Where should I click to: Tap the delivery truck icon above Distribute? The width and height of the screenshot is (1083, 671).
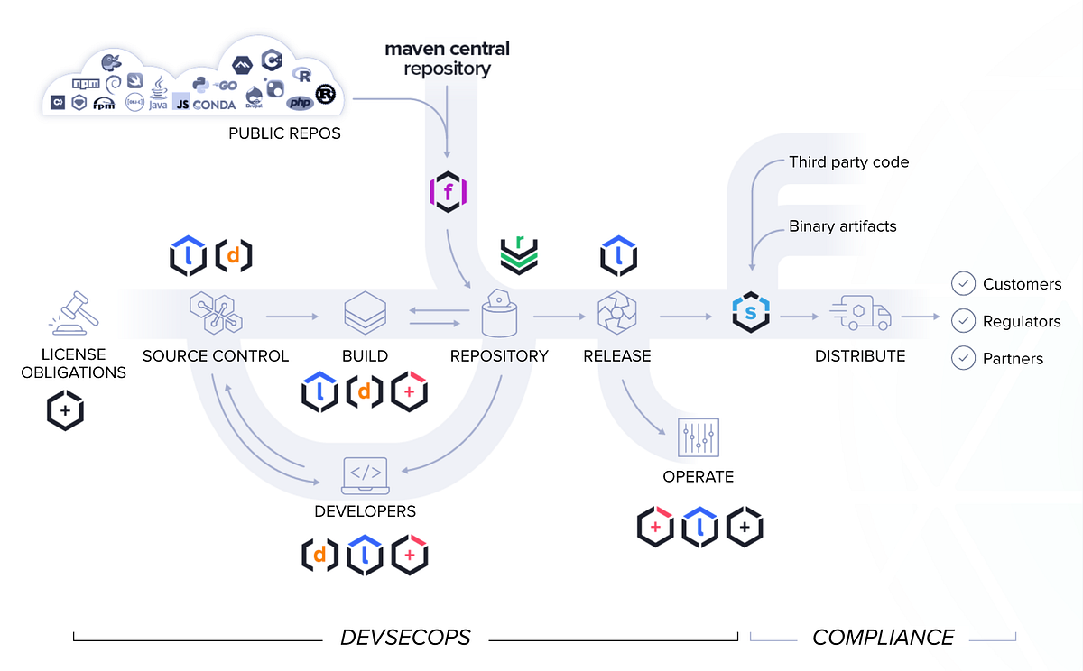click(859, 315)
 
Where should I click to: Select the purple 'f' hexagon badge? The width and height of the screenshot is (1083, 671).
click(448, 192)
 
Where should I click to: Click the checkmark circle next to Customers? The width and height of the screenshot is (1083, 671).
click(963, 284)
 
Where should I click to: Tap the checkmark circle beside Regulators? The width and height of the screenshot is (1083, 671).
click(963, 321)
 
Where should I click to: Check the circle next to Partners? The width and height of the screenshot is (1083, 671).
click(963, 358)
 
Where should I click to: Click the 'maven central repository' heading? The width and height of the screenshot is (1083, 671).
click(448, 59)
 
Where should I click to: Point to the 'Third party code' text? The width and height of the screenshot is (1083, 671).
click(848, 162)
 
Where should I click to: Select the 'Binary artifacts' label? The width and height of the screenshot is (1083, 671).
click(843, 226)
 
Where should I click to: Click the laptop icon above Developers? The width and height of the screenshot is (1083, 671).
click(365, 475)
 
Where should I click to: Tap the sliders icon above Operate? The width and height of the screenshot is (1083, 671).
click(698, 439)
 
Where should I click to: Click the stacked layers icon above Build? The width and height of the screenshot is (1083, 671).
click(365, 314)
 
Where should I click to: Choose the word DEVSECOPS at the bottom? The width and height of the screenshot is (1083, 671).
click(405, 638)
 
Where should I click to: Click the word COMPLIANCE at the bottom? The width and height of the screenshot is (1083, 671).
click(883, 638)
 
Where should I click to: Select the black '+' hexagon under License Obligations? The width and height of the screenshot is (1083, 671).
click(65, 410)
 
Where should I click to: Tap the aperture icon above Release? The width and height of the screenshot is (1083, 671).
click(616, 314)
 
